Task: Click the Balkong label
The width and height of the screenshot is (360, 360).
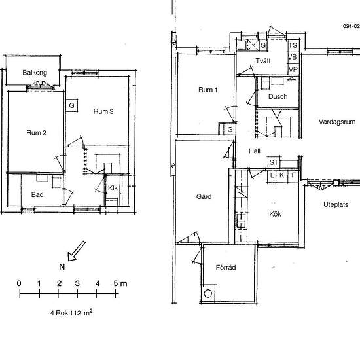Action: point(35,73)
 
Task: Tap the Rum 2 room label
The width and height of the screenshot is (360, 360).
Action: point(36,133)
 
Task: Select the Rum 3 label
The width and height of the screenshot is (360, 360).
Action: point(103,111)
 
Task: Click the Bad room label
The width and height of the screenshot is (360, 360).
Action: point(37,194)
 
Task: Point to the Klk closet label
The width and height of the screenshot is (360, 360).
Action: point(113,188)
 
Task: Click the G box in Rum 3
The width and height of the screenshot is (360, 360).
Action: point(71,105)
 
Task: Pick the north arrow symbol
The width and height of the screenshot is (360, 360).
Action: point(76,251)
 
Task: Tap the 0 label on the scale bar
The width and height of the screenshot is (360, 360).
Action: point(19,283)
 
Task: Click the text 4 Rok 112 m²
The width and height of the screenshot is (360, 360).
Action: point(71,313)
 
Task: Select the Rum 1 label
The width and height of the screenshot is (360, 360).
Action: point(207,90)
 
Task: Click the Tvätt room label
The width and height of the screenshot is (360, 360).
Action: point(263,61)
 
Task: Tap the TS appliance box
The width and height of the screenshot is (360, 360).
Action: point(293,45)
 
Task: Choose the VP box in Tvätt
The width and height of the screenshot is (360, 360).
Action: point(293,69)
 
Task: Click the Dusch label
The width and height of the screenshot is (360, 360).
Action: point(278,96)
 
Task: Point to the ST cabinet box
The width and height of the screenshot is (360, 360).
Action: point(274,162)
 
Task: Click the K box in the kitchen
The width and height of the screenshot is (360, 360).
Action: point(282,175)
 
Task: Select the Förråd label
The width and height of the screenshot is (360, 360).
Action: point(226,268)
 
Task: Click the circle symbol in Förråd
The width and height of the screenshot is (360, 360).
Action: point(208,294)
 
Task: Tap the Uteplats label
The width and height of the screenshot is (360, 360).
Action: point(336,205)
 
